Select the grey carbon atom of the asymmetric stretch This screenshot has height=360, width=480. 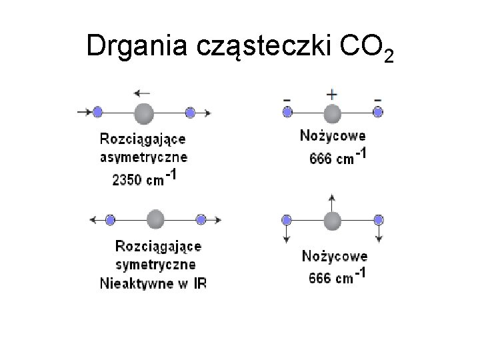(143, 113)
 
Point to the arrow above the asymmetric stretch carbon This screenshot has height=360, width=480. (141, 93)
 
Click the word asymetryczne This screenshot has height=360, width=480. (143, 158)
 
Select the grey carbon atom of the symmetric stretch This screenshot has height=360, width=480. (155, 219)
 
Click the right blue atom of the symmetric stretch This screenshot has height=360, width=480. (201, 219)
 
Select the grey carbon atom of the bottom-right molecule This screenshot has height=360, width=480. (331, 219)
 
